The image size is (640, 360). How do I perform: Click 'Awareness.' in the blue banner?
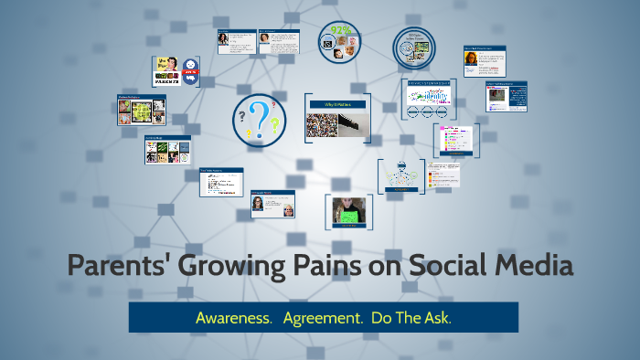click(234, 317)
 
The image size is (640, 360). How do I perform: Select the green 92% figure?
click(342, 29)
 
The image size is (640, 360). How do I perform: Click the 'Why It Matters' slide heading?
click(337, 105)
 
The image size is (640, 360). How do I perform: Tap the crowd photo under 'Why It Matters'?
click(323, 125)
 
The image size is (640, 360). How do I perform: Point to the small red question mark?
click(272, 107)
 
